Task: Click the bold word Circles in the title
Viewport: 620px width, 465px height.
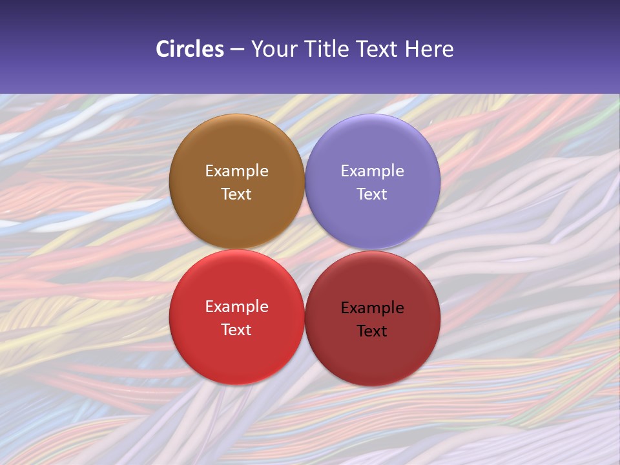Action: tap(189, 49)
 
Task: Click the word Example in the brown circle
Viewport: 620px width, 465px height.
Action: tap(236, 171)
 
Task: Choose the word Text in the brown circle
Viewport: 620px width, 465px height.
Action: tap(236, 194)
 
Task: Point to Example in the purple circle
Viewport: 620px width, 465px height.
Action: tap(372, 171)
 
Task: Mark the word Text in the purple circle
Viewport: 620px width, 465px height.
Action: tap(372, 194)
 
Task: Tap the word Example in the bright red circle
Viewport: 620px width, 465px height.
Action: tap(236, 307)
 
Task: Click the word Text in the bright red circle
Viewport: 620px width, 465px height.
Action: tap(236, 330)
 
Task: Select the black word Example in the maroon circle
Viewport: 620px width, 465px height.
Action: tap(372, 308)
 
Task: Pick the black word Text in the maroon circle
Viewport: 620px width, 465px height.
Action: tap(372, 331)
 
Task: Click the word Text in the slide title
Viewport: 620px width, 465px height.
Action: tap(378, 49)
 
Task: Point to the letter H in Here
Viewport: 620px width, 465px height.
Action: tap(412, 49)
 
